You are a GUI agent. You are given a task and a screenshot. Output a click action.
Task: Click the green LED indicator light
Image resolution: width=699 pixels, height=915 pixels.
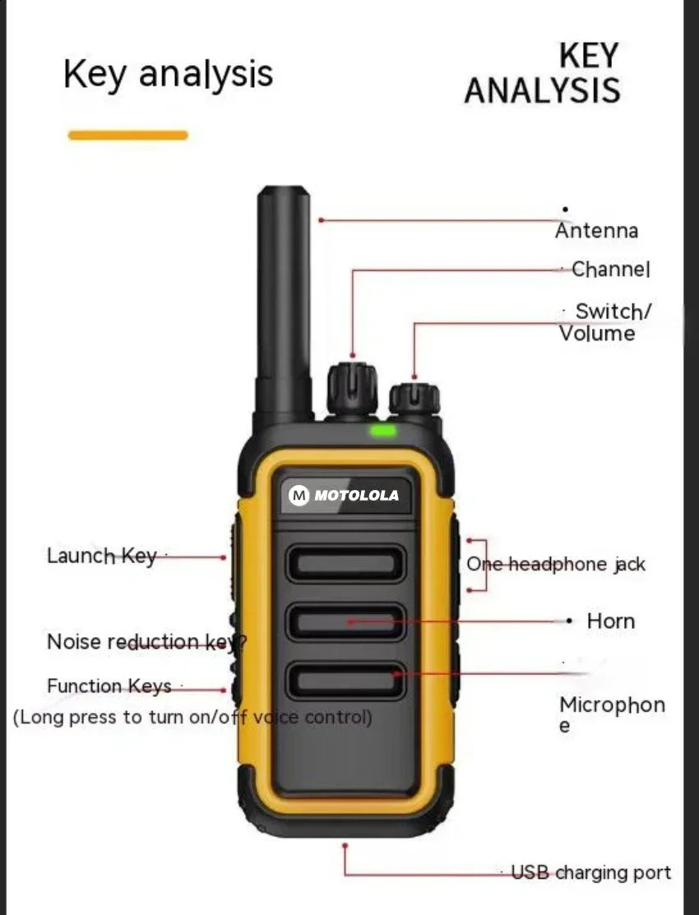tap(383, 430)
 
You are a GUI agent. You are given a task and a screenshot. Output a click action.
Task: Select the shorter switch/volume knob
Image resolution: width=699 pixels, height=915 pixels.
tap(414, 399)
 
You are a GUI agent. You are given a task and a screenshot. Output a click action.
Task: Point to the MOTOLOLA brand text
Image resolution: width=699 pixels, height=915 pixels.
tap(356, 496)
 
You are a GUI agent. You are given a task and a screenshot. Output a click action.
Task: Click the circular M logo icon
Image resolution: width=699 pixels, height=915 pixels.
tap(299, 496)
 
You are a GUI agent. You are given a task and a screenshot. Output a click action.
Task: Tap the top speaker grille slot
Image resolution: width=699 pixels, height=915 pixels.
tap(345, 563)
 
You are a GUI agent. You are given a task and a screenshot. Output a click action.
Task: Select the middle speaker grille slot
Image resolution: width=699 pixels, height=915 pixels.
tap(345, 622)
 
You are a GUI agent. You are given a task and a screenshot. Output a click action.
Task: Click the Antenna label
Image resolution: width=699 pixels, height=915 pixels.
tap(596, 231)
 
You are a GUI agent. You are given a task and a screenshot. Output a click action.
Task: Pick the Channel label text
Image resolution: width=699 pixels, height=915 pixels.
tap(610, 269)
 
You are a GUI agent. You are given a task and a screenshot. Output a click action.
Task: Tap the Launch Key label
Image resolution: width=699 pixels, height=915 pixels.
tap(101, 556)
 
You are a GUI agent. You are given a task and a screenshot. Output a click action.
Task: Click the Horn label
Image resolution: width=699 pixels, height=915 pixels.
tap(610, 621)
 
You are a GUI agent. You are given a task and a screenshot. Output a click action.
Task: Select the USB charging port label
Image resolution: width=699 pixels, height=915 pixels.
tap(590, 872)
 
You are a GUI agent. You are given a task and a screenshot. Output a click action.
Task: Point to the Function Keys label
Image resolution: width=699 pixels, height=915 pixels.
tap(109, 686)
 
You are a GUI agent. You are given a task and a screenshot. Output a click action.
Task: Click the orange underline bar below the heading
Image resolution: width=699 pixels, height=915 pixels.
tap(127, 135)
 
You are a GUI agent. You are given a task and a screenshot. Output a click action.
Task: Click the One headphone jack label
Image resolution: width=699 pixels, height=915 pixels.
tap(556, 564)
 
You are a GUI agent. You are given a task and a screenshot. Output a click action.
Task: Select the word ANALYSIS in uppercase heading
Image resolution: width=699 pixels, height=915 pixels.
tap(542, 90)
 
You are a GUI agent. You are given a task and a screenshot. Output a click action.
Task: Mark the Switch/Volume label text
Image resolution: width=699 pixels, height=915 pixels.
tap(605, 322)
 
